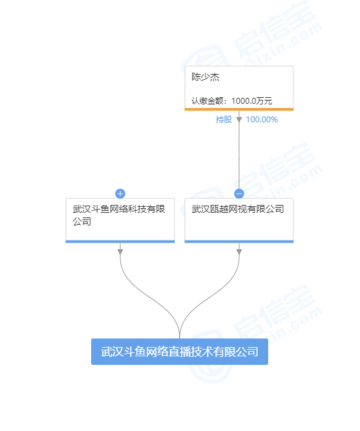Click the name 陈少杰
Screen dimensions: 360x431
pyautogui.click(x=205, y=77)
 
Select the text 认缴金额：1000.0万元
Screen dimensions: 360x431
pyautogui.click(x=232, y=101)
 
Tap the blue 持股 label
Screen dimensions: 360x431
pyautogui.click(x=224, y=119)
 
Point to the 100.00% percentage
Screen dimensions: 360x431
pyautogui.click(x=262, y=120)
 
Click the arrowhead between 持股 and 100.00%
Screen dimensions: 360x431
pyautogui.click(x=239, y=120)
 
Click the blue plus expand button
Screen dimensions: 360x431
pyautogui.click(x=120, y=194)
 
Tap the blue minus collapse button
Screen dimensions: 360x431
pyautogui.click(x=239, y=194)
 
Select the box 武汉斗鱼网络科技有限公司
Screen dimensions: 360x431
pyautogui.click(x=120, y=220)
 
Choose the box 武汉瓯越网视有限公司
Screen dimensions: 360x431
pyautogui.click(x=239, y=220)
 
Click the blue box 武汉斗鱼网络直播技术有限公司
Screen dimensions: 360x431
pyautogui.click(x=180, y=352)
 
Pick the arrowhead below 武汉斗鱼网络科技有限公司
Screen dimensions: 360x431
pyautogui.click(x=120, y=252)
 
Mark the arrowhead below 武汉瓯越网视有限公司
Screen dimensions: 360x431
pyautogui.click(x=239, y=252)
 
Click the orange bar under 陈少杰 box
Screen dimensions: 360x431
pyautogui.click(x=239, y=109)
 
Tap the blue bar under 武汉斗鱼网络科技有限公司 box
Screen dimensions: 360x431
pyautogui.click(x=120, y=242)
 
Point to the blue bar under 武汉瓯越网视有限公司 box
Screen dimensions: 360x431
pyautogui.click(x=239, y=242)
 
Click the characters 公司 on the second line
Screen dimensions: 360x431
pyautogui.click(x=82, y=221)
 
